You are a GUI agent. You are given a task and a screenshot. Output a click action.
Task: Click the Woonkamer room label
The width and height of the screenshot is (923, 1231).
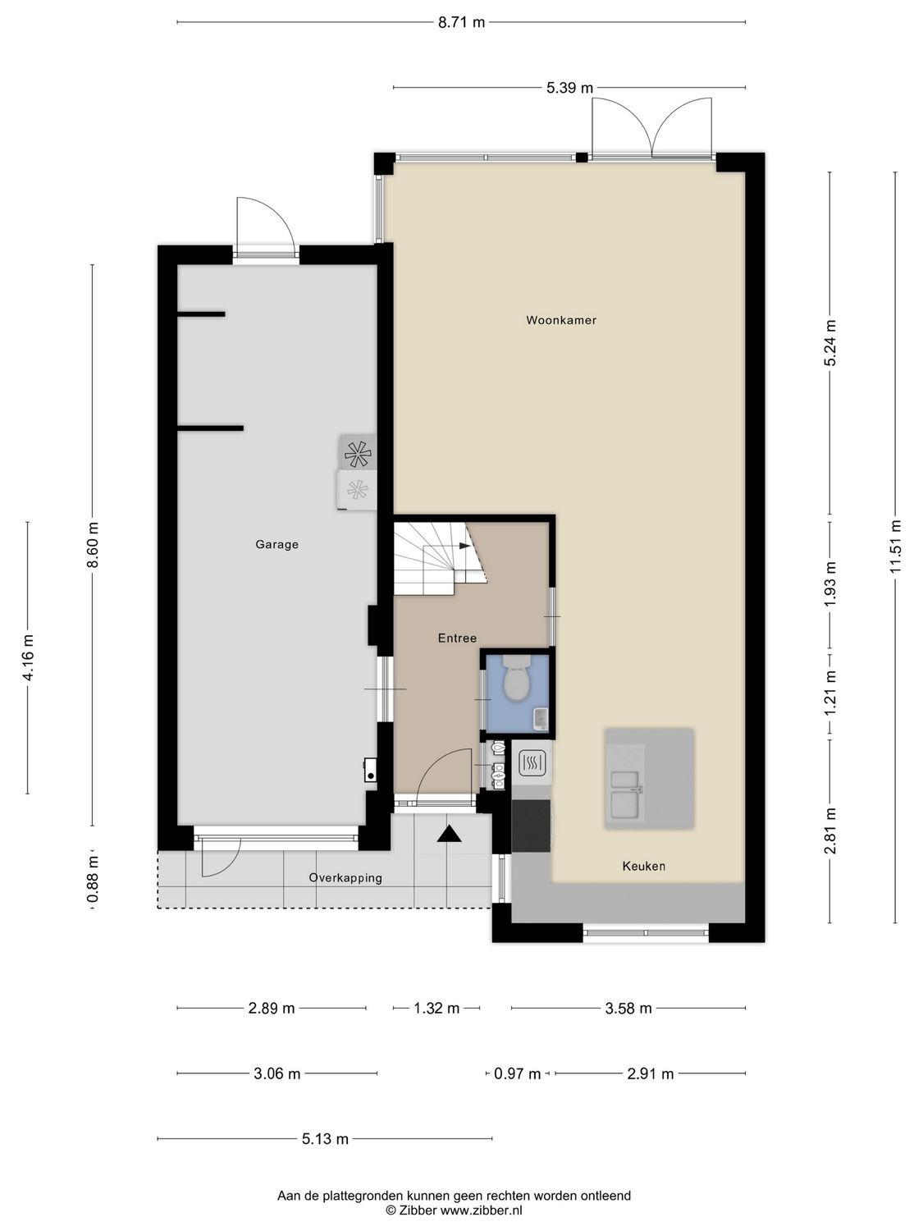coord(561,320)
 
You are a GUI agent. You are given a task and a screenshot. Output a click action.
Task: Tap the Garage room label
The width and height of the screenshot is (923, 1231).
coord(276,544)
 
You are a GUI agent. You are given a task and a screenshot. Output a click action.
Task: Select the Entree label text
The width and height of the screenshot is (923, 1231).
coord(457,638)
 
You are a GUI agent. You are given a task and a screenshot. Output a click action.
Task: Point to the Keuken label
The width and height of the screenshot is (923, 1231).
coord(643,866)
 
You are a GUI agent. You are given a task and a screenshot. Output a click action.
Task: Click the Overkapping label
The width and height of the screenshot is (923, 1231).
coord(345,877)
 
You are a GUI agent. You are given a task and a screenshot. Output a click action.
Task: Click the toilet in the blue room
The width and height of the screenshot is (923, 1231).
coord(516,681)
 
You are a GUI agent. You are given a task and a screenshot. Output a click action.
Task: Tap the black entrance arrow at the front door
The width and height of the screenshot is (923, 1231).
coord(449,835)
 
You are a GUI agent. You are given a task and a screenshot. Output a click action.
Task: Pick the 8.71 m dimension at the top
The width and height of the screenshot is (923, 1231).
coord(461,22)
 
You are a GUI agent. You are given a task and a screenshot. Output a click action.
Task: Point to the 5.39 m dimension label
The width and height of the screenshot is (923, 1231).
coord(569,88)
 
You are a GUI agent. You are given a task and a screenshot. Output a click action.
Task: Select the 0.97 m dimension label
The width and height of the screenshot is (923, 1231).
coord(517,1073)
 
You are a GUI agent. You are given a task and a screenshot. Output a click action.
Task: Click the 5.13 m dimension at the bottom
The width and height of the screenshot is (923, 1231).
coord(325,1138)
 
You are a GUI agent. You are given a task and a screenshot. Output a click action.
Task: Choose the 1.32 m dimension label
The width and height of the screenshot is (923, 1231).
coord(436,1008)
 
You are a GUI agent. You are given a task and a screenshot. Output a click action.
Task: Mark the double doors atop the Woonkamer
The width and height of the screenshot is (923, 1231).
coord(652,127)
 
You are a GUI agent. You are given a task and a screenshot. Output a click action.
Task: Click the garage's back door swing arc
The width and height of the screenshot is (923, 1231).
coord(264,222)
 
